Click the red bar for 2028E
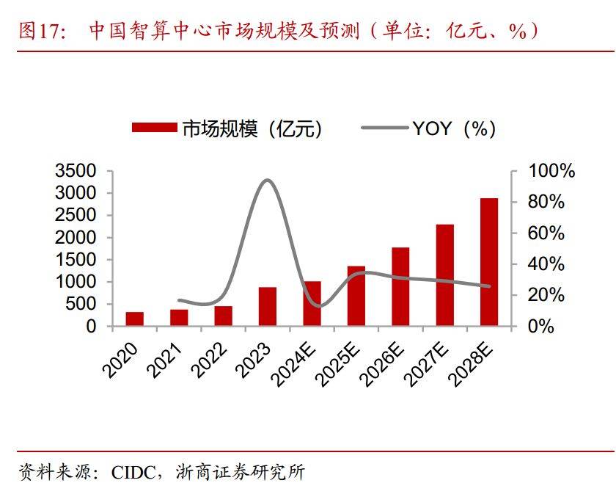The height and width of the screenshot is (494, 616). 489,262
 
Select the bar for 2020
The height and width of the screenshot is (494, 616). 134,319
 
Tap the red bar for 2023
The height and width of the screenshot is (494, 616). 268,307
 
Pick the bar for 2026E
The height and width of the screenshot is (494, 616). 400,287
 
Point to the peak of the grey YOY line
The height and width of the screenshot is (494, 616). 268,180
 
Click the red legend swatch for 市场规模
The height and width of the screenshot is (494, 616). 154,128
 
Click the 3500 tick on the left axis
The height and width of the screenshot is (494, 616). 76,171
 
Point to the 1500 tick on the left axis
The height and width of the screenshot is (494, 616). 76,260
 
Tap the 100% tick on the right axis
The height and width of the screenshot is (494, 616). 551,171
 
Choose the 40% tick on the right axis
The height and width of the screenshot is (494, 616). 547,264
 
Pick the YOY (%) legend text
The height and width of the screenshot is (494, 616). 453,128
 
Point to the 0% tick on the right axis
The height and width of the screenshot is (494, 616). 541,327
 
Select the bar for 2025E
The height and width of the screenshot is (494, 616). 356,296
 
